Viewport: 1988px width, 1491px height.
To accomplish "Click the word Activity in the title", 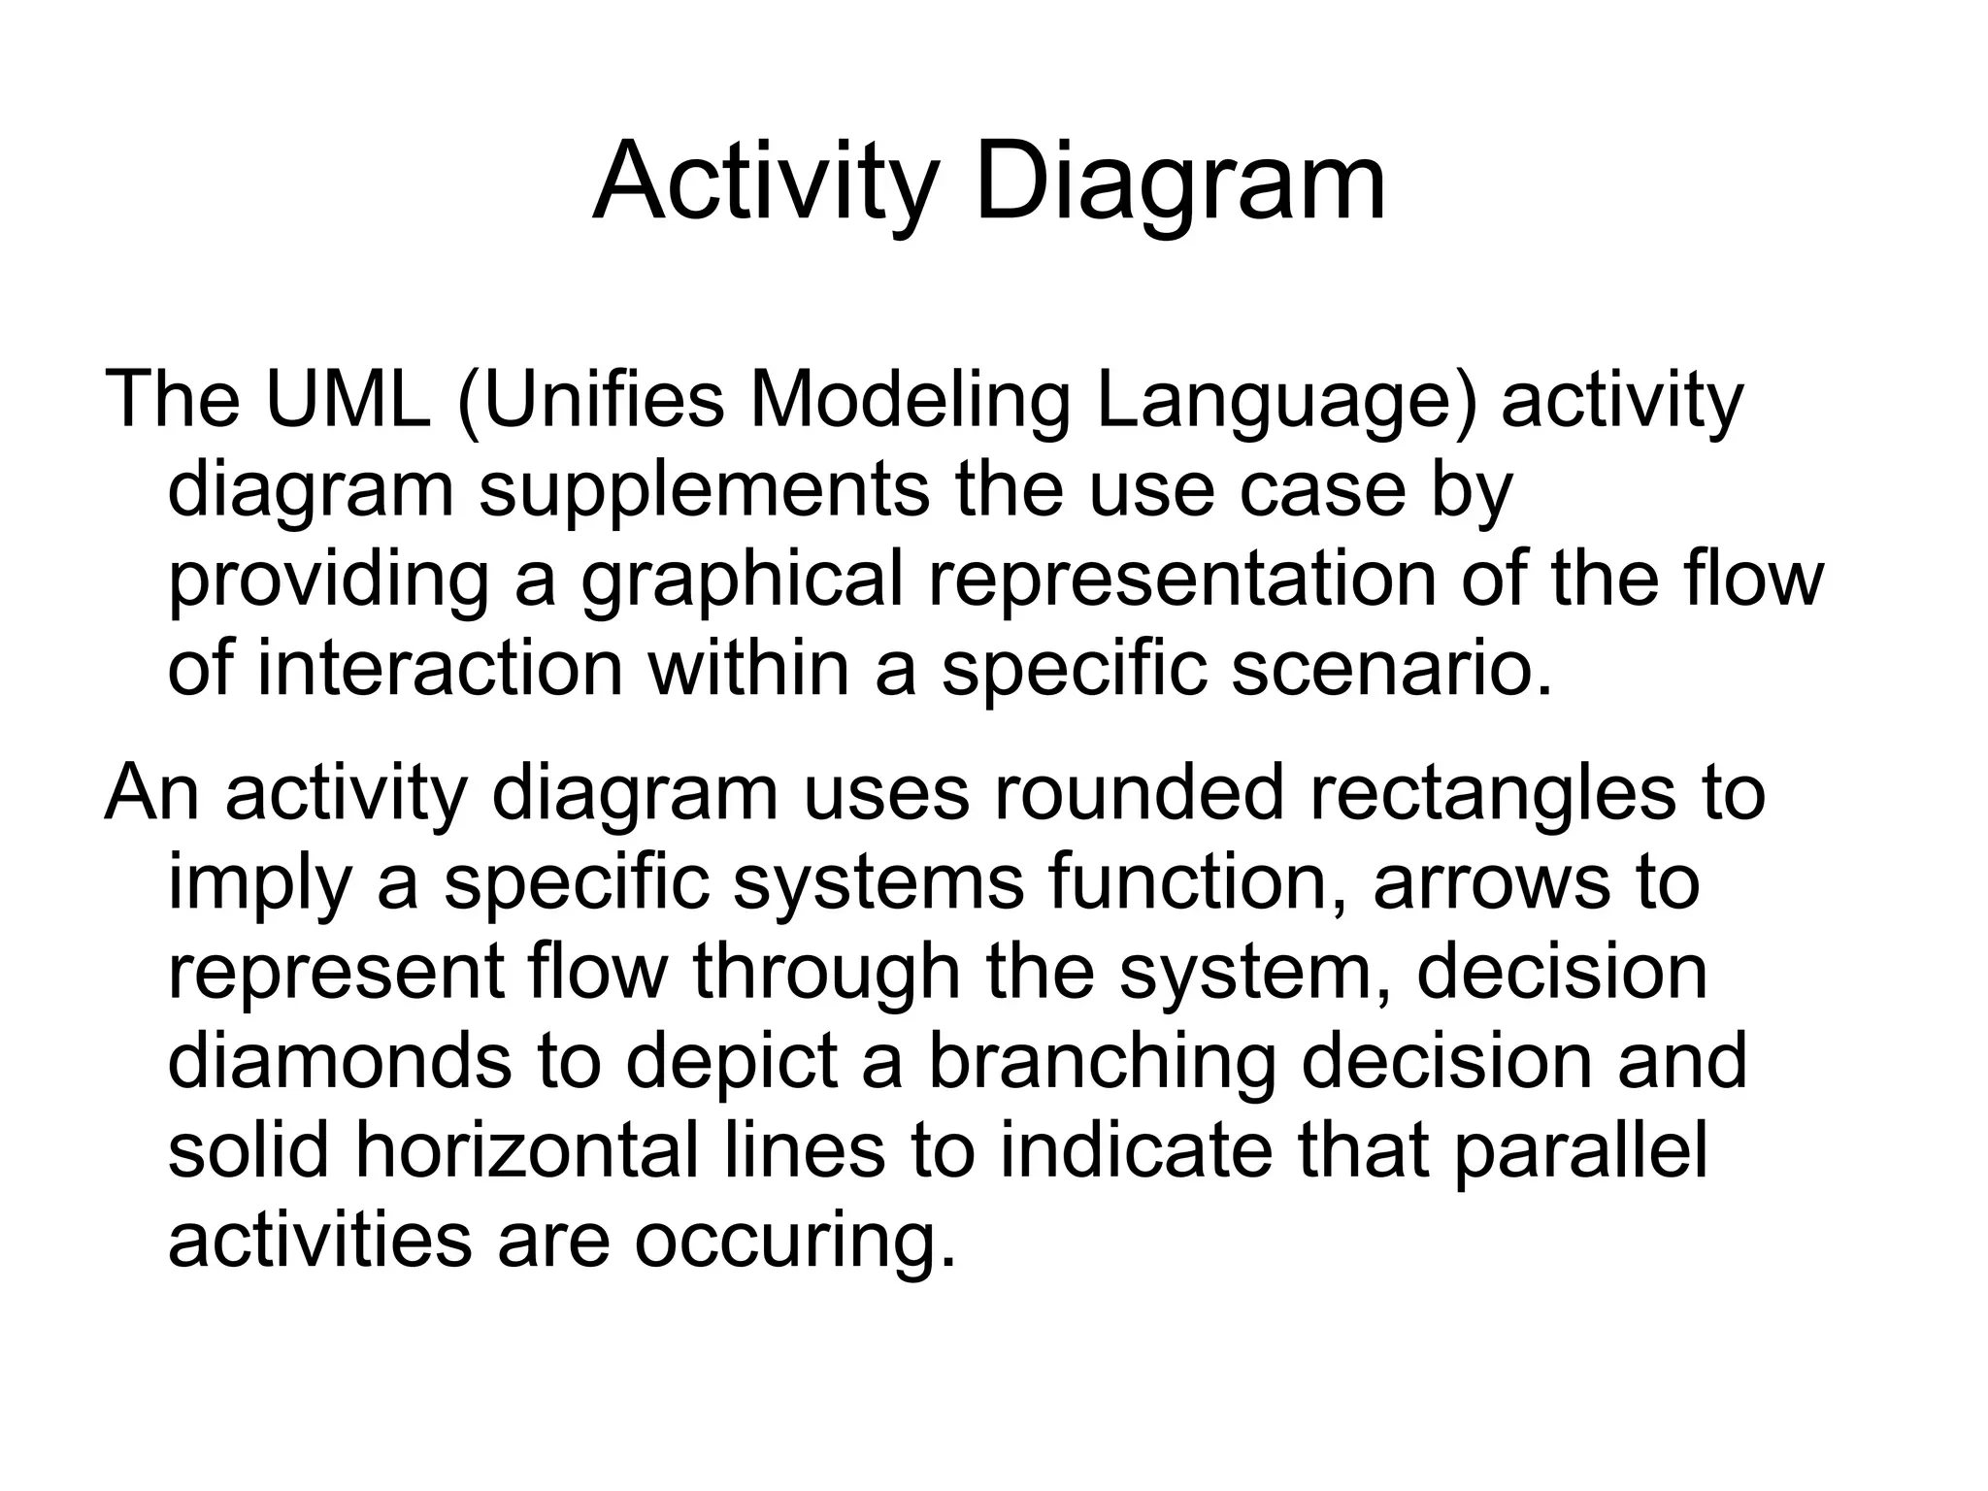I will [766, 182].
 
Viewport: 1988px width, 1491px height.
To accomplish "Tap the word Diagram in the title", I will [1180, 182].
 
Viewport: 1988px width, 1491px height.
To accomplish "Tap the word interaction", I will [440, 669].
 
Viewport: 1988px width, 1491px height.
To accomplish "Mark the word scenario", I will [1391, 669].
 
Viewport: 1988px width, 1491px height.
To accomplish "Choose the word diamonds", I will [339, 1060].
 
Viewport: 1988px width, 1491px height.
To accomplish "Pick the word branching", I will [1102, 1060].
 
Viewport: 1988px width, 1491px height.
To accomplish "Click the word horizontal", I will [524, 1149].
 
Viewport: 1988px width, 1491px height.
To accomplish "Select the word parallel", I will [1579, 1149].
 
